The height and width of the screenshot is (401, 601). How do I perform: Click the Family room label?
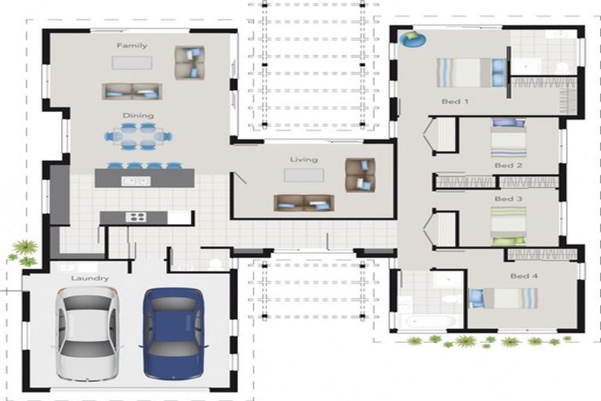pos(131,45)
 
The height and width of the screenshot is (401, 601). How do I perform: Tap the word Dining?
pos(138,115)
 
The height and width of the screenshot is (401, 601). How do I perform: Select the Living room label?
pos(304,160)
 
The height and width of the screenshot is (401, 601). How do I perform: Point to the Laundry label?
pos(90,278)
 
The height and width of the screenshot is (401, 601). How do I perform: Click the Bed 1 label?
pos(455,102)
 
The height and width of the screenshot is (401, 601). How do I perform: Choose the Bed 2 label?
pos(508,165)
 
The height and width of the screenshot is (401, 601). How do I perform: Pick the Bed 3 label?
pos(508,199)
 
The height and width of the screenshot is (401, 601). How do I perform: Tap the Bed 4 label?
pos(524,276)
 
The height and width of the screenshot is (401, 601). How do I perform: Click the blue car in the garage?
pos(173,333)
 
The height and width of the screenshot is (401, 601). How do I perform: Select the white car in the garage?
pos(88,333)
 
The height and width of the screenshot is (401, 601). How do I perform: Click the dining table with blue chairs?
pos(138,135)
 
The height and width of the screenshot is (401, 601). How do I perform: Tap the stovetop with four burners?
pos(136,217)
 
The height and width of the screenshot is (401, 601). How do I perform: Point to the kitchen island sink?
pos(135,181)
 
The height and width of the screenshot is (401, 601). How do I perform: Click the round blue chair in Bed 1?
pos(412,38)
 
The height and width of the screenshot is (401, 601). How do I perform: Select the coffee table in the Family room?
pos(131,63)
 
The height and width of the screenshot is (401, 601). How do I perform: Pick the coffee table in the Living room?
pos(304,175)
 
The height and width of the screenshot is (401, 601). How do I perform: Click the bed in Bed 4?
pos(504,298)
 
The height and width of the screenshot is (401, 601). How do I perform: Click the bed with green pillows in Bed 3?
pos(509,226)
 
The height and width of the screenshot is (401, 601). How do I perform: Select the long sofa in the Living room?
pos(304,203)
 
